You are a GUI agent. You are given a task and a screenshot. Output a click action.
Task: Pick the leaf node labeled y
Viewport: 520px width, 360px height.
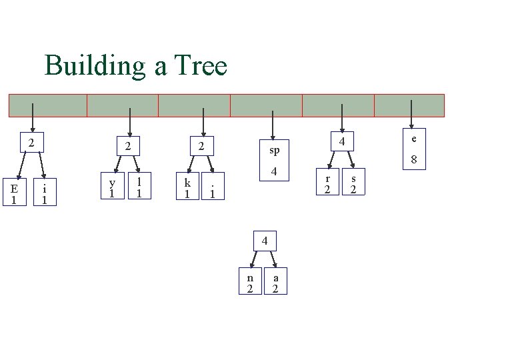113,186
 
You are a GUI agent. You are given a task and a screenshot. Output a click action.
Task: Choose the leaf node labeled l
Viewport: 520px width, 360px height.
139,186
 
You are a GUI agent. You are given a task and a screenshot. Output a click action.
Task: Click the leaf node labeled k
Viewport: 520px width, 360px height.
187,187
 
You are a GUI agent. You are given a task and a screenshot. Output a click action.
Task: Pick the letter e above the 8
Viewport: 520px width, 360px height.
414,139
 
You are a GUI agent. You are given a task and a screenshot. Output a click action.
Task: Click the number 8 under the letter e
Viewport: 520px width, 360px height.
414,160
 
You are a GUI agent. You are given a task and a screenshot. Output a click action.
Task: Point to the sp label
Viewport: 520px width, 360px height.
275,150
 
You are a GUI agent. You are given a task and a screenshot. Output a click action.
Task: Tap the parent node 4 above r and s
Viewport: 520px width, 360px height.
341,142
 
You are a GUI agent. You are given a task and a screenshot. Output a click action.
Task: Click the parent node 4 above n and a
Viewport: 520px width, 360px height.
265,240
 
